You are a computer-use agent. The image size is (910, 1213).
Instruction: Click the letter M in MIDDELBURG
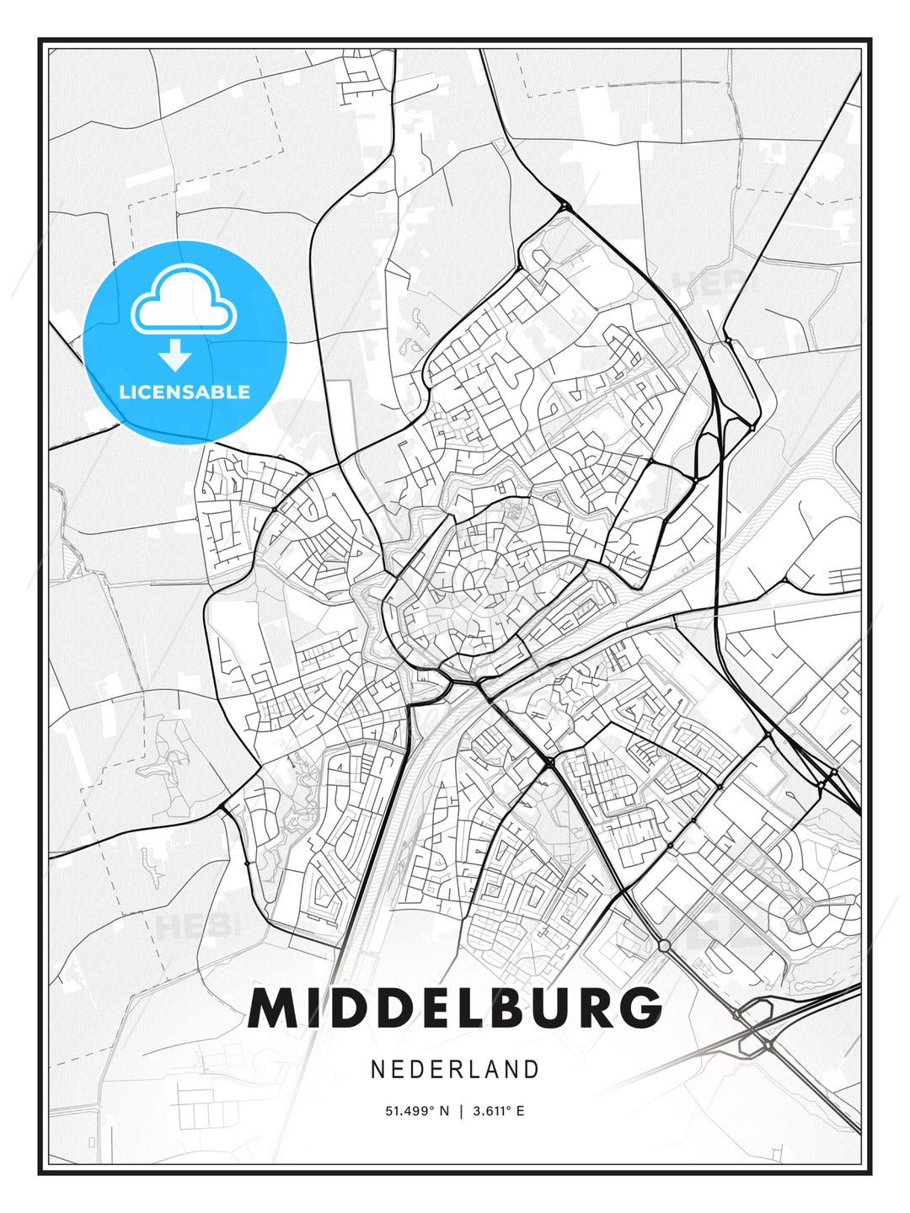(273, 1007)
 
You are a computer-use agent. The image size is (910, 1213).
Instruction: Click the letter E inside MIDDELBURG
(428, 1007)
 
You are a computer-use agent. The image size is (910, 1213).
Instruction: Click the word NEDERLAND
(455, 1069)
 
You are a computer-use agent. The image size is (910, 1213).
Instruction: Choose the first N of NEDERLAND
(378, 1069)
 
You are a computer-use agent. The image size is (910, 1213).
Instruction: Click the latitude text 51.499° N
(417, 1111)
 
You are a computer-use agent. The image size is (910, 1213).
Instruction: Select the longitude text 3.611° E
(498, 1111)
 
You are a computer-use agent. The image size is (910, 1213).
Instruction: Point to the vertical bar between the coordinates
(461, 1111)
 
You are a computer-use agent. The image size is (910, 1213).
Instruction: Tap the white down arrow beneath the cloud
(175, 355)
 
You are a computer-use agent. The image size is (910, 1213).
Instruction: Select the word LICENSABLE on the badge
(185, 392)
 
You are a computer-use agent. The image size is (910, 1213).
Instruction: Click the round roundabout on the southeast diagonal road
(664, 945)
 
